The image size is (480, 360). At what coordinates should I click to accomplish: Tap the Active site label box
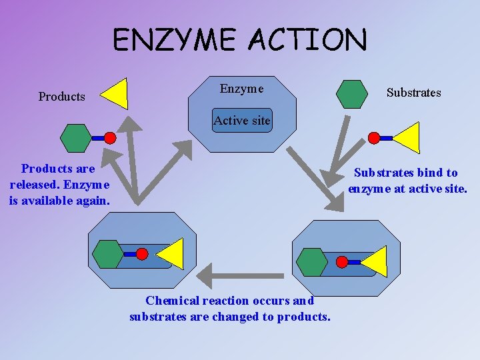242,121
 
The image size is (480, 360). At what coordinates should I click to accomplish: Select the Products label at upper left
62,97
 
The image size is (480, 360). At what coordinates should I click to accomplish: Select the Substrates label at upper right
413,93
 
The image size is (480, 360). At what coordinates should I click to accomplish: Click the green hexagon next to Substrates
351,94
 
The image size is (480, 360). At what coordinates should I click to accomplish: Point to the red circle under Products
110,138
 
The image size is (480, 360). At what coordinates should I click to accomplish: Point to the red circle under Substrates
375,138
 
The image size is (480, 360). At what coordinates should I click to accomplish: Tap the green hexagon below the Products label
75,138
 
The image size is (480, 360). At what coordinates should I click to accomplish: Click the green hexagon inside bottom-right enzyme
311,261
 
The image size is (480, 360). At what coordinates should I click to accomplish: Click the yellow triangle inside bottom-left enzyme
171,254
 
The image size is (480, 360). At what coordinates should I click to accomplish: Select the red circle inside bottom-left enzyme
142,254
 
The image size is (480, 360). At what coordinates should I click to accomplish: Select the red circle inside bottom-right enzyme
343,261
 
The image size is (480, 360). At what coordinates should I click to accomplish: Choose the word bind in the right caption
431,173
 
